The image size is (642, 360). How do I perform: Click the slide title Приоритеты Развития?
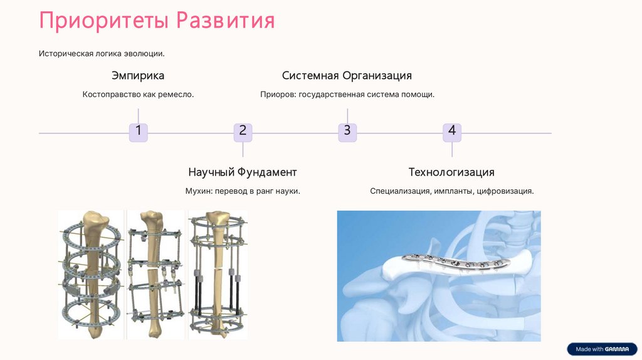pos(157,20)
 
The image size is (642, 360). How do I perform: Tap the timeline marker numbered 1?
pos(138,132)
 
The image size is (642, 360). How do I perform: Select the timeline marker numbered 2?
pos(243,132)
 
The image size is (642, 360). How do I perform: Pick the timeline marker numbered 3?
pos(347,132)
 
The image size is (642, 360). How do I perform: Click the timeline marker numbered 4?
pos(451,132)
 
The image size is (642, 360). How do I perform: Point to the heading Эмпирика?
pos(138,76)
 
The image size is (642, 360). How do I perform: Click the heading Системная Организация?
pos(347,76)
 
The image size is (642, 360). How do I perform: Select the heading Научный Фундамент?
pos(243,172)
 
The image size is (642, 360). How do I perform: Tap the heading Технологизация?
pos(451,172)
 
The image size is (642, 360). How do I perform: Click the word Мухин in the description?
pos(199,191)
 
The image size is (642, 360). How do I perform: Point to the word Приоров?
pos(278,95)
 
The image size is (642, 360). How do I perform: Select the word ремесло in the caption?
pos(177,95)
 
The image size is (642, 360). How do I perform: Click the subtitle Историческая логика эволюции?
pos(102,54)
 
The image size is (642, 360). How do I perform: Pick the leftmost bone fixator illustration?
pos(92,275)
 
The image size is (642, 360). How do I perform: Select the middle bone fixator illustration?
pos(155,275)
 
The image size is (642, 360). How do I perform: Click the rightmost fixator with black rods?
pos(217,275)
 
